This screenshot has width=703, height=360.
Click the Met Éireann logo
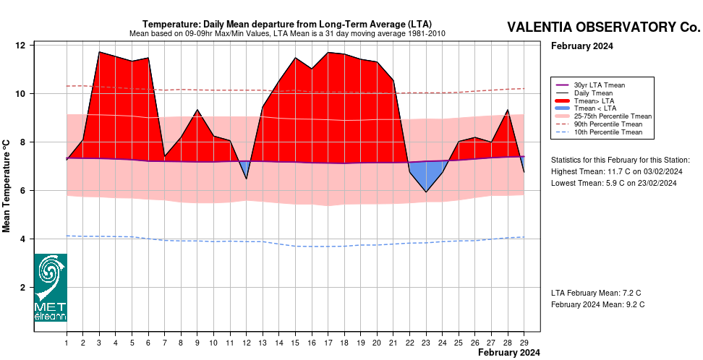(51, 288)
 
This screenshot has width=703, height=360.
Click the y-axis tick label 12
(20, 46)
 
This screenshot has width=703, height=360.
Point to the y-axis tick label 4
(22, 239)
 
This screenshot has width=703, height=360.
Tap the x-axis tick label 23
(426, 343)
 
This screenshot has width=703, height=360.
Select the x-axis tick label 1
(67, 343)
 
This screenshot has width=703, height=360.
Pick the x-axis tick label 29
(524, 343)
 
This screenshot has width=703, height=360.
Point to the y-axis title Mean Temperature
(7, 186)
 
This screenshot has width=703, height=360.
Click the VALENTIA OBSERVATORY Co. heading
(603, 27)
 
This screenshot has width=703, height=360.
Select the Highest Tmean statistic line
(616, 171)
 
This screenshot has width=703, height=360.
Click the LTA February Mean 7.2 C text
(596, 293)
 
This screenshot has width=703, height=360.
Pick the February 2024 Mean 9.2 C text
(597, 304)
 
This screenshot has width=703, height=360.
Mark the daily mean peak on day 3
(99, 52)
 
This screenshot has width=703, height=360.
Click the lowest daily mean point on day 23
(426, 192)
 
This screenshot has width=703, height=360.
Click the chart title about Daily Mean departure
(287, 24)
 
